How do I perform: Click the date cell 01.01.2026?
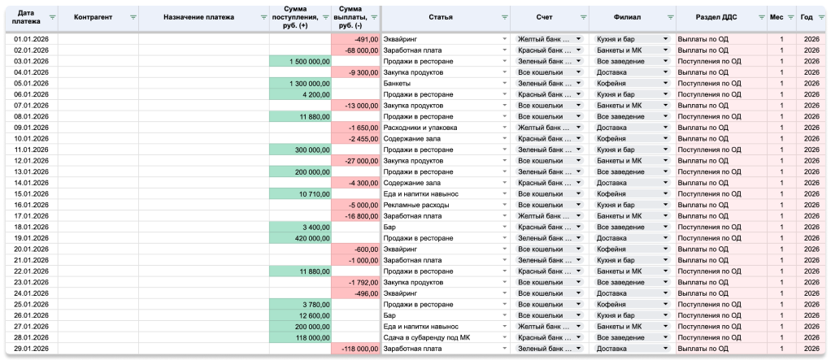click(x=31, y=39)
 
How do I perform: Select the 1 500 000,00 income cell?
click(x=300, y=62)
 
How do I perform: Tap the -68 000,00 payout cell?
click(x=355, y=50)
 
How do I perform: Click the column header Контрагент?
click(x=94, y=17)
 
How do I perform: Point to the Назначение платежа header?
click(x=198, y=17)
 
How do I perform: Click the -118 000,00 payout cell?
click(x=355, y=349)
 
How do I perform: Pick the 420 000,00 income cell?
click(x=300, y=238)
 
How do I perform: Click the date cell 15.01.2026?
click(x=31, y=193)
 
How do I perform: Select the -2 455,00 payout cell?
click(x=355, y=139)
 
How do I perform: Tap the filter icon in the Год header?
click(x=821, y=17)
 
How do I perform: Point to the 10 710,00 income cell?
click(x=300, y=193)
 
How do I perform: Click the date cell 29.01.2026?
click(x=31, y=349)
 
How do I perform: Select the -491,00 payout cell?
click(x=355, y=39)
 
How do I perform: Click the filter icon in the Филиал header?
click(x=671, y=17)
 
